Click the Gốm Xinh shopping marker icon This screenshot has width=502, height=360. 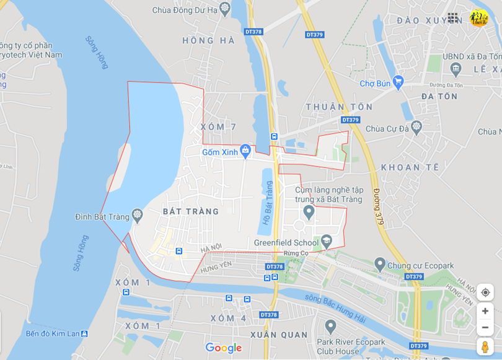(245, 150)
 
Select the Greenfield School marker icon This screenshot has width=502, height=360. (326, 240)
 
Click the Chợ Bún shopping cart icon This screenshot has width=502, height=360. (398, 81)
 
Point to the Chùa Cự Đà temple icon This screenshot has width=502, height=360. (416, 127)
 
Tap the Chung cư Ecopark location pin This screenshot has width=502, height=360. (380, 265)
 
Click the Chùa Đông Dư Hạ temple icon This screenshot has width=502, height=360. (224, 9)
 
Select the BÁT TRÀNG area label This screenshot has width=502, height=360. (191, 211)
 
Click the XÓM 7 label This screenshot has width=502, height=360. (218, 127)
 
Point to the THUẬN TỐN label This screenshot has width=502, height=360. (339, 107)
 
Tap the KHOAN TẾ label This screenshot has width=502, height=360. (410, 167)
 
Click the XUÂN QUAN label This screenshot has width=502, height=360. (279, 335)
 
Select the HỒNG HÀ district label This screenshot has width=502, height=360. (209, 40)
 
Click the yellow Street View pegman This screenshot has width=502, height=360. (485, 346)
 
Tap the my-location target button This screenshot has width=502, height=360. (485, 292)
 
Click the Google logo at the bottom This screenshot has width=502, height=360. (223, 348)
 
